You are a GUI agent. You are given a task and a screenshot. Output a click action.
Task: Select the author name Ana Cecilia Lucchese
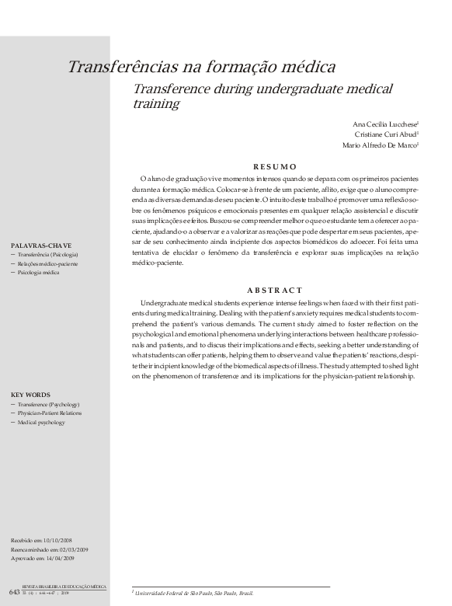pos(384,124)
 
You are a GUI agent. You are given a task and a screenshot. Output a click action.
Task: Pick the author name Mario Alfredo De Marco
pos(380,145)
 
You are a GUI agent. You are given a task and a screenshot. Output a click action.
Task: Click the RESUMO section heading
pos(275,166)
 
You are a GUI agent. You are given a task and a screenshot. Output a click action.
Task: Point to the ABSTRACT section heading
pos(275,290)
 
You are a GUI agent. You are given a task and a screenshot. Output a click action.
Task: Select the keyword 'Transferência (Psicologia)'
pos(47,255)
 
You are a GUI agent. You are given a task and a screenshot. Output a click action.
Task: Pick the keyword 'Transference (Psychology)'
pos(48,405)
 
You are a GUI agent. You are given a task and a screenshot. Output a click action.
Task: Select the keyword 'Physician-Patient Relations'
pos(49,413)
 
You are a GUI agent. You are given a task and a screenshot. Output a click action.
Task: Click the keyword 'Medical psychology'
pos(41,423)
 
